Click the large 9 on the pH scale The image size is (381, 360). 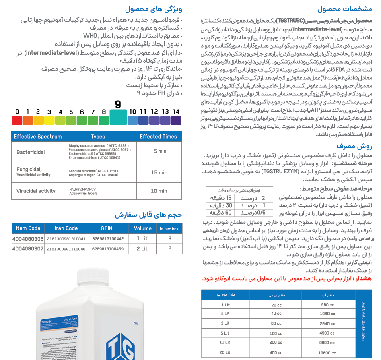click(118, 105)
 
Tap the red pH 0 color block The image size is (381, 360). click(17, 120)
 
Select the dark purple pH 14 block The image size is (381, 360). click(176, 120)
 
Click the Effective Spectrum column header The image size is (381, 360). click(38, 137)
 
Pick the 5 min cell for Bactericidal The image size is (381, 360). click(160, 151)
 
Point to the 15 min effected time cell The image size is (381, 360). click(159, 172)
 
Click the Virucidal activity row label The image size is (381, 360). click(36, 191)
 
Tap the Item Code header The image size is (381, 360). click(28, 228)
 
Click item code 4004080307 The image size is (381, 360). click(28, 249)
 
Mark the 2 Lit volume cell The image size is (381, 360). click(142, 249)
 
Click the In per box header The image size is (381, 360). click(169, 228)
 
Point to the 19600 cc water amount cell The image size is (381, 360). click(327, 353)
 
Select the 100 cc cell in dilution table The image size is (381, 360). click(276, 333)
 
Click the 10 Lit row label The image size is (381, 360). click(225, 343)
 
